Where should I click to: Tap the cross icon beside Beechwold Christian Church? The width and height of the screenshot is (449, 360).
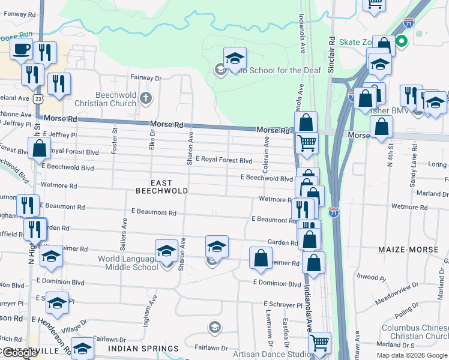tap(145, 97)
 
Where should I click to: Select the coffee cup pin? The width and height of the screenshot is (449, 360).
tap(22, 50)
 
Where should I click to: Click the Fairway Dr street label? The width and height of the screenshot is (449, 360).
tap(147, 78)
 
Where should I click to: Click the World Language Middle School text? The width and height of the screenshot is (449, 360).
tap(128, 263)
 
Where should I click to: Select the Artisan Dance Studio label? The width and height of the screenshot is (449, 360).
tap(268, 355)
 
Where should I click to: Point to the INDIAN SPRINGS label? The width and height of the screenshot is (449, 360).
tap(143, 349)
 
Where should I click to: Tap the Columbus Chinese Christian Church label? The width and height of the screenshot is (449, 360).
tap(415, 332)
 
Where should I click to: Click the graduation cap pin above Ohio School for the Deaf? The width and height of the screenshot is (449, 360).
tap(235, 59)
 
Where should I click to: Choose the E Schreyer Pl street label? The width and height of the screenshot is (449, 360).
tap(282, 304)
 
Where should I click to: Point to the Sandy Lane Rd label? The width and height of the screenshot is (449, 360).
tap(414, 173)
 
